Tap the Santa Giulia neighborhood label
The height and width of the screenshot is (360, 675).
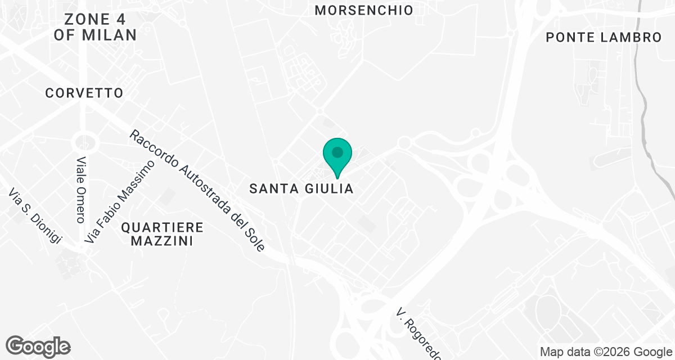(301, 189)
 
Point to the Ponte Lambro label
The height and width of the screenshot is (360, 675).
(604, 38)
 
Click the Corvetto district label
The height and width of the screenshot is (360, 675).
(84, 93)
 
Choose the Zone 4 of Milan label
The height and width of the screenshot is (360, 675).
(95, 26)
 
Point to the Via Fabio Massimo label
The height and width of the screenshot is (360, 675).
(119, 201)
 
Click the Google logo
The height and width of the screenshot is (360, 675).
(38, 346)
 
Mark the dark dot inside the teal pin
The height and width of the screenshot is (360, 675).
(337, 152)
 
